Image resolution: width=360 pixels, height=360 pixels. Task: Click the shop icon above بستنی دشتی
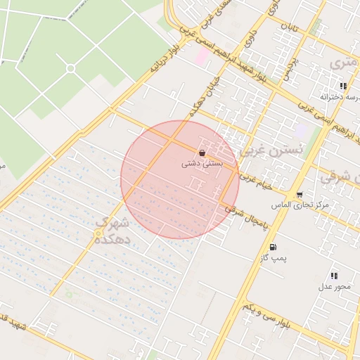202,153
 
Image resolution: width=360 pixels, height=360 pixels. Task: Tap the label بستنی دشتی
202,163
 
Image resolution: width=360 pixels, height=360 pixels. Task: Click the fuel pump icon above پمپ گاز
273,247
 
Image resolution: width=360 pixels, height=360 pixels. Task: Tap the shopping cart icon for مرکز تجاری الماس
300,195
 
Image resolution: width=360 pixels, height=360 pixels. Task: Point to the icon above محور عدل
333,276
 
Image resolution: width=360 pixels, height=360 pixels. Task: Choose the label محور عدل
333,286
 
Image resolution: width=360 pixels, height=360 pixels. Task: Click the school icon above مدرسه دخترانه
343,86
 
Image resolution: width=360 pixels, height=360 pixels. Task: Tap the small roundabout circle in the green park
70,68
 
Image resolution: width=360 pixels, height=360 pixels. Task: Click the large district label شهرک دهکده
111,230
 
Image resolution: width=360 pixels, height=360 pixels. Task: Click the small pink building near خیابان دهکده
202,56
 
